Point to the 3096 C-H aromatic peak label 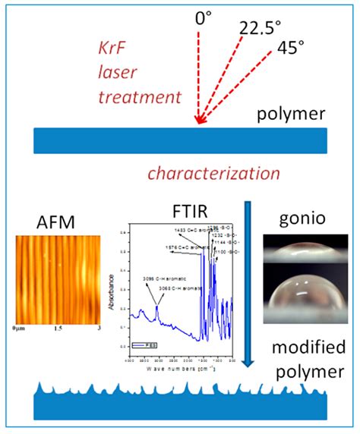click(x=159, y=280)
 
